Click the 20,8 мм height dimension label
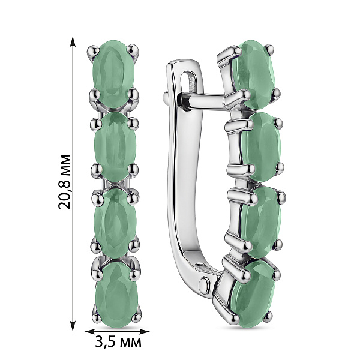point(65,182)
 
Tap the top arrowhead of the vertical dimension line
point(73,43)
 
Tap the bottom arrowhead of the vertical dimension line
point(73,324)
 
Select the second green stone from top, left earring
point(115,146)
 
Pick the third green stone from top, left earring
point(115,223)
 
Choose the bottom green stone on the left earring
point(116,295)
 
